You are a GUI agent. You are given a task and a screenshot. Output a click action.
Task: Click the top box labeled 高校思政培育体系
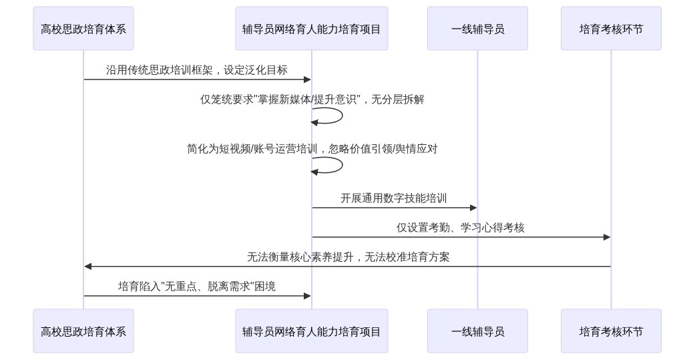coord(83,29)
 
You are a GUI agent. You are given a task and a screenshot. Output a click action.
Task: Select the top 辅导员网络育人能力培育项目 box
coord(311,29)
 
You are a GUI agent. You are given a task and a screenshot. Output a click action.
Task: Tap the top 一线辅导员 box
coord(477,29)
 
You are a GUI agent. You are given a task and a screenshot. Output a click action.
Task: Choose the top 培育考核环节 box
coord(611,29)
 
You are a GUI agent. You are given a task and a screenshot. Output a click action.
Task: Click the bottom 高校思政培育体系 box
coord(83,331)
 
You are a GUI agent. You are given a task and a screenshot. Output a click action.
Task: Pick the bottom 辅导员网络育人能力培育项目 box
coord(311,331)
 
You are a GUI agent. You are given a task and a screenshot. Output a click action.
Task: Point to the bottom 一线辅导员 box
coord(477,331)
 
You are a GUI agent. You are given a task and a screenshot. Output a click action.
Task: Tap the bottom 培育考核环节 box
coord(611,331)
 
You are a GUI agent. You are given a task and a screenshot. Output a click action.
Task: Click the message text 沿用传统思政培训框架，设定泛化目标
coord(197,70)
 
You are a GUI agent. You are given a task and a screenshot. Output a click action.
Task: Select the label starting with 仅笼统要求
coord(312,100)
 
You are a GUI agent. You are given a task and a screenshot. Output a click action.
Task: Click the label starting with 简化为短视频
coord(312,149)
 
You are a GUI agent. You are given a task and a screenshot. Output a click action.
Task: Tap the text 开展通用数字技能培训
coord(394,198)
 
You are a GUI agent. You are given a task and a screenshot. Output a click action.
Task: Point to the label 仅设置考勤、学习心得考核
coord(461,228)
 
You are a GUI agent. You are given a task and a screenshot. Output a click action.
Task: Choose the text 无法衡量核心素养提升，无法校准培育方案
coord(348,257)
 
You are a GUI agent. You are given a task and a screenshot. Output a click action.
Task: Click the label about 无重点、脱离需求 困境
coord(197,287)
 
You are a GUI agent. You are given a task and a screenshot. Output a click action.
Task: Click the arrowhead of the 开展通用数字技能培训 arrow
coord(473,208)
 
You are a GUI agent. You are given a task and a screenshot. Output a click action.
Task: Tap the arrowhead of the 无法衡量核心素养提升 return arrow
coord(88,266)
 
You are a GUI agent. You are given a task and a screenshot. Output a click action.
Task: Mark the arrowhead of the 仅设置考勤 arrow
coord(607,237)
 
